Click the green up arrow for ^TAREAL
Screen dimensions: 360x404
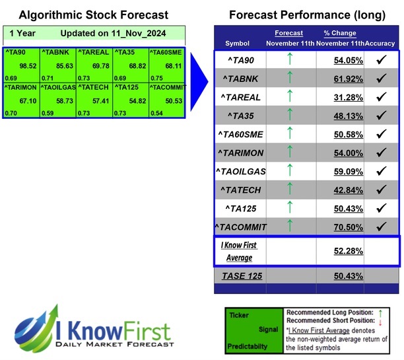(288, 96)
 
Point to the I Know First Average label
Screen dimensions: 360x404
(240, 251)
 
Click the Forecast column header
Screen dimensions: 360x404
(288, 33)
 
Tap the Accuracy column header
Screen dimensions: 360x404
(381, 43)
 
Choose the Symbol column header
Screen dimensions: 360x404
(238, 43)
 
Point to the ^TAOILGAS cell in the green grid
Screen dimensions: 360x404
(57, 87)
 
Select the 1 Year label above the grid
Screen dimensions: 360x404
(22, 33)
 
